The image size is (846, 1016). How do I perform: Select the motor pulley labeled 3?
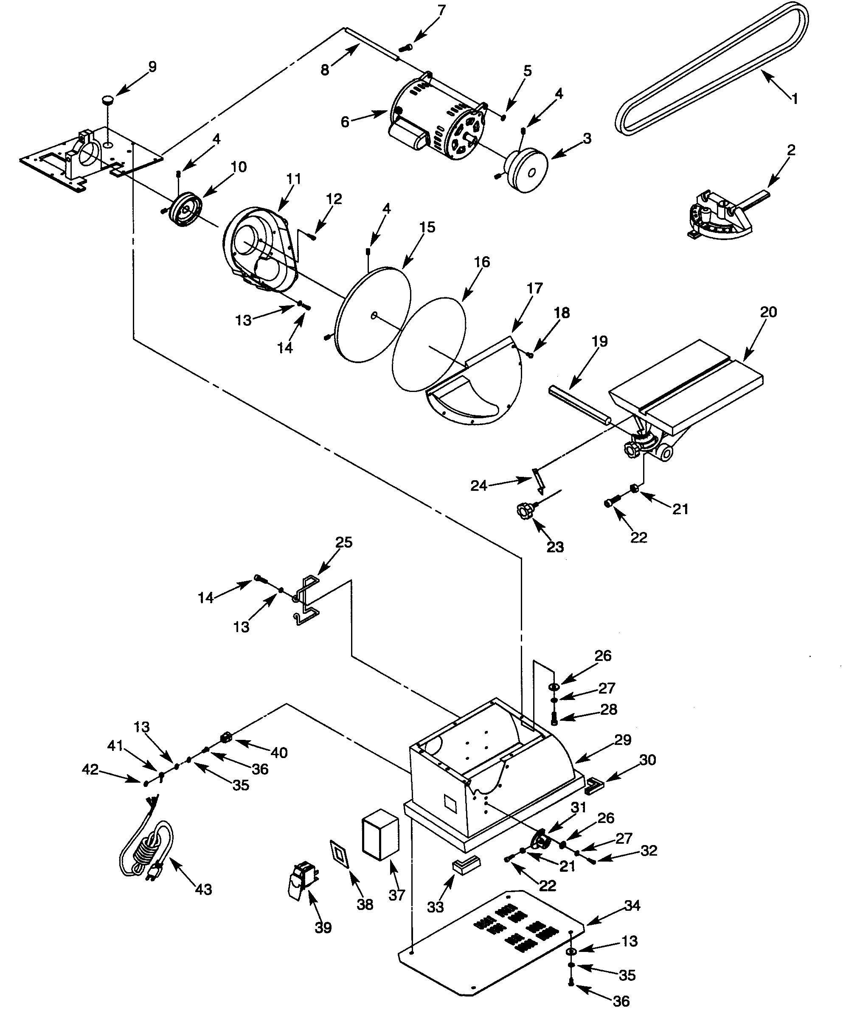click(x=526, y=170)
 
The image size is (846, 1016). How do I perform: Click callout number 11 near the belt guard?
click(x=293, y=179)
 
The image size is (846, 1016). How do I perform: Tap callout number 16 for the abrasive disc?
click(x=481, y=262)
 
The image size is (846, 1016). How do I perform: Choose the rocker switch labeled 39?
click(x=300, y=882)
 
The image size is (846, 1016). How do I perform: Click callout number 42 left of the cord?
click(x=90, y=769)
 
